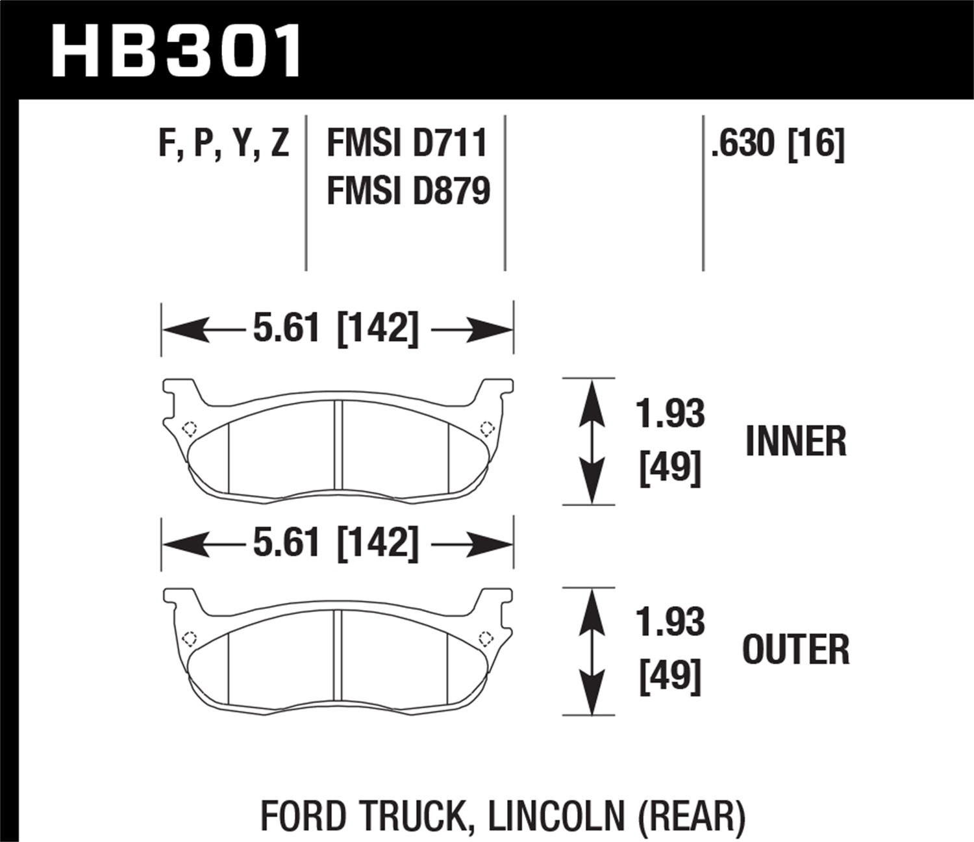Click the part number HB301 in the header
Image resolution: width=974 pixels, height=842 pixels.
point(175,51)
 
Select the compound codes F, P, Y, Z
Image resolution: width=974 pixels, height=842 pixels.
point(223,144)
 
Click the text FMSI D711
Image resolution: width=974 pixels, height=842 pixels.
point(406,144)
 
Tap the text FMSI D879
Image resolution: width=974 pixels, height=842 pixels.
point(408,192)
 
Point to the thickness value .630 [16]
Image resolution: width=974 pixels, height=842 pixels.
point(777,144)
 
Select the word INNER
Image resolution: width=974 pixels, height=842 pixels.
point(795,442)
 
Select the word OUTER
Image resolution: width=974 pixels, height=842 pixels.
point(795,650)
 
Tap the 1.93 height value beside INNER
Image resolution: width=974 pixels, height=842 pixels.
point(670,414)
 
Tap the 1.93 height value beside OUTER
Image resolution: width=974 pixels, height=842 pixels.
point(670,622)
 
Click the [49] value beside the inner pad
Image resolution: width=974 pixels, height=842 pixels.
point(670,468)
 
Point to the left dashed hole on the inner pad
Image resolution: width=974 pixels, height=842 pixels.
point(190,429)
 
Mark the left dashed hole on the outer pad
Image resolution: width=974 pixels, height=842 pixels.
point(190,638)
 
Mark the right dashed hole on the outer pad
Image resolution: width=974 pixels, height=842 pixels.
point(485,637)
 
